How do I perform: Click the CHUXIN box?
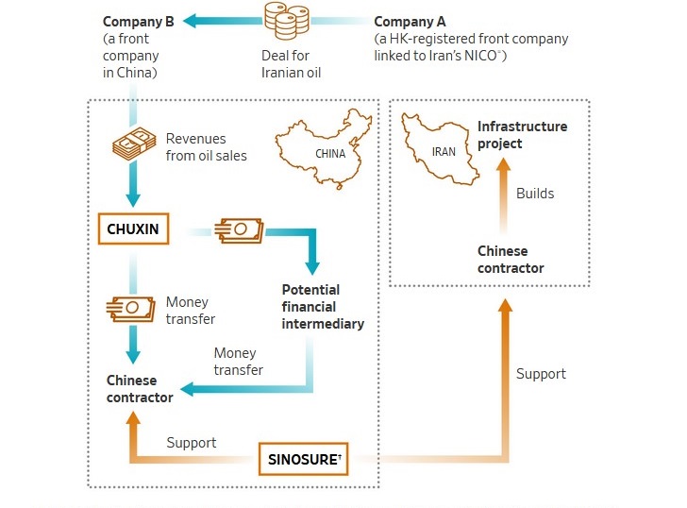pyautogui.click(x=132, y=229)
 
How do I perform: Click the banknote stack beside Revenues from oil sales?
pyautogui.click(x=134, y=144)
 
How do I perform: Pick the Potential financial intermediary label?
pyautogui.click(x=323, y=306)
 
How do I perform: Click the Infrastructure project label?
pyautogui.click(x=522, y=134)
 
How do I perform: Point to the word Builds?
pyautogui.click(x=535, y=194)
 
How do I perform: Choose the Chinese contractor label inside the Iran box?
pyautogui.click(x=511, y=260)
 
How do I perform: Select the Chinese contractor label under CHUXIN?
pyautogui.click(x=139, y=389)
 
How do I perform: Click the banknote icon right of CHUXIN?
pyautogui.click(x=241, y=229)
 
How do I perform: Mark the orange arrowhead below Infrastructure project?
pyautogui.click(x=504, y=163)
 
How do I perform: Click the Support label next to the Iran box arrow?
pyautogui.click(x=541, y=374)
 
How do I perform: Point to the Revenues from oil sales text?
pyautogui.click(x=206, y=147)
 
